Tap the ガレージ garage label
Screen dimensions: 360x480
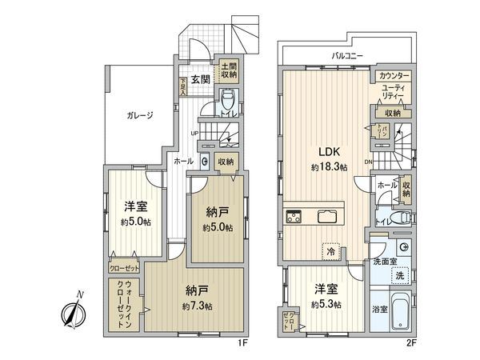point(139,115)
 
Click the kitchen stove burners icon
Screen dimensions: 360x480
point(294,216)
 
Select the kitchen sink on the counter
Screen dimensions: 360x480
point(329,216)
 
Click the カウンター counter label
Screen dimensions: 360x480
point(394,75)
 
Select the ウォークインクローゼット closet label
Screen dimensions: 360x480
point(123,303)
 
